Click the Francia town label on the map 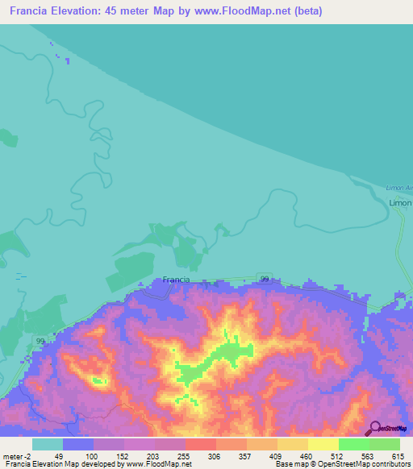[x=176, y=280]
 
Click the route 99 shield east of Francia [x=265, y=278]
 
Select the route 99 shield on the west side [x=40, y=342]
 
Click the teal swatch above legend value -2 [x=48, y=444]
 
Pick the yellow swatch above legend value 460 [x=292, y=444]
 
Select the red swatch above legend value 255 [x=200, y=444]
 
